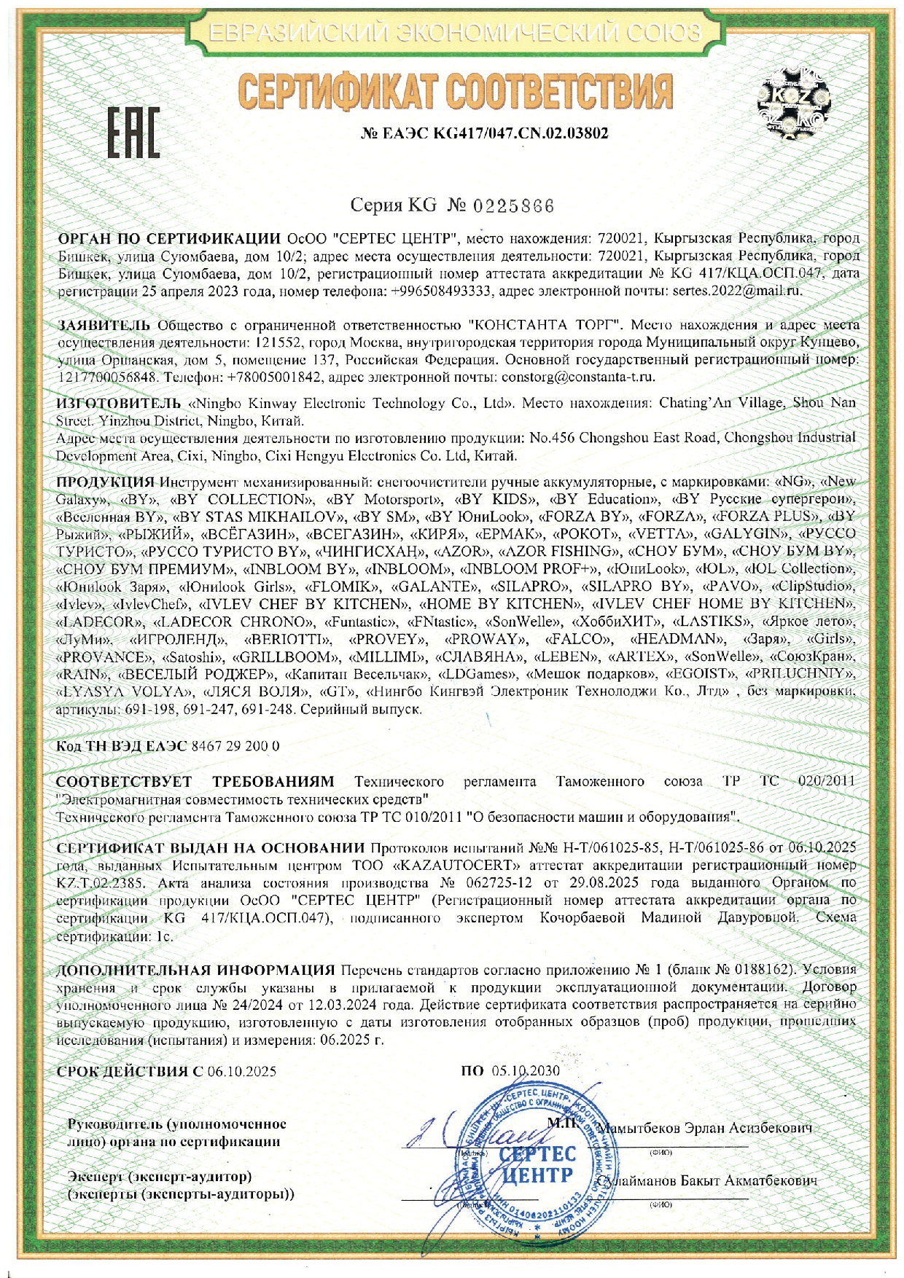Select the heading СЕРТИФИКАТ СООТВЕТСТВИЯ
point(455,93)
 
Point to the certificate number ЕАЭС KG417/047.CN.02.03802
point(485,133)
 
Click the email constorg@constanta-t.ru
point(578,377)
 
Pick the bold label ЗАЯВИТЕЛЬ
point(104,325)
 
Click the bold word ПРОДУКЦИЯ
point(106,482)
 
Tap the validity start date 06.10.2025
point(242,1071)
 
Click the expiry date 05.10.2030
point(525,1070)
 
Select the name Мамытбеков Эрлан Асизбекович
point(704,1128)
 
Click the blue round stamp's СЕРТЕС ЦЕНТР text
point(538,1164)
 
